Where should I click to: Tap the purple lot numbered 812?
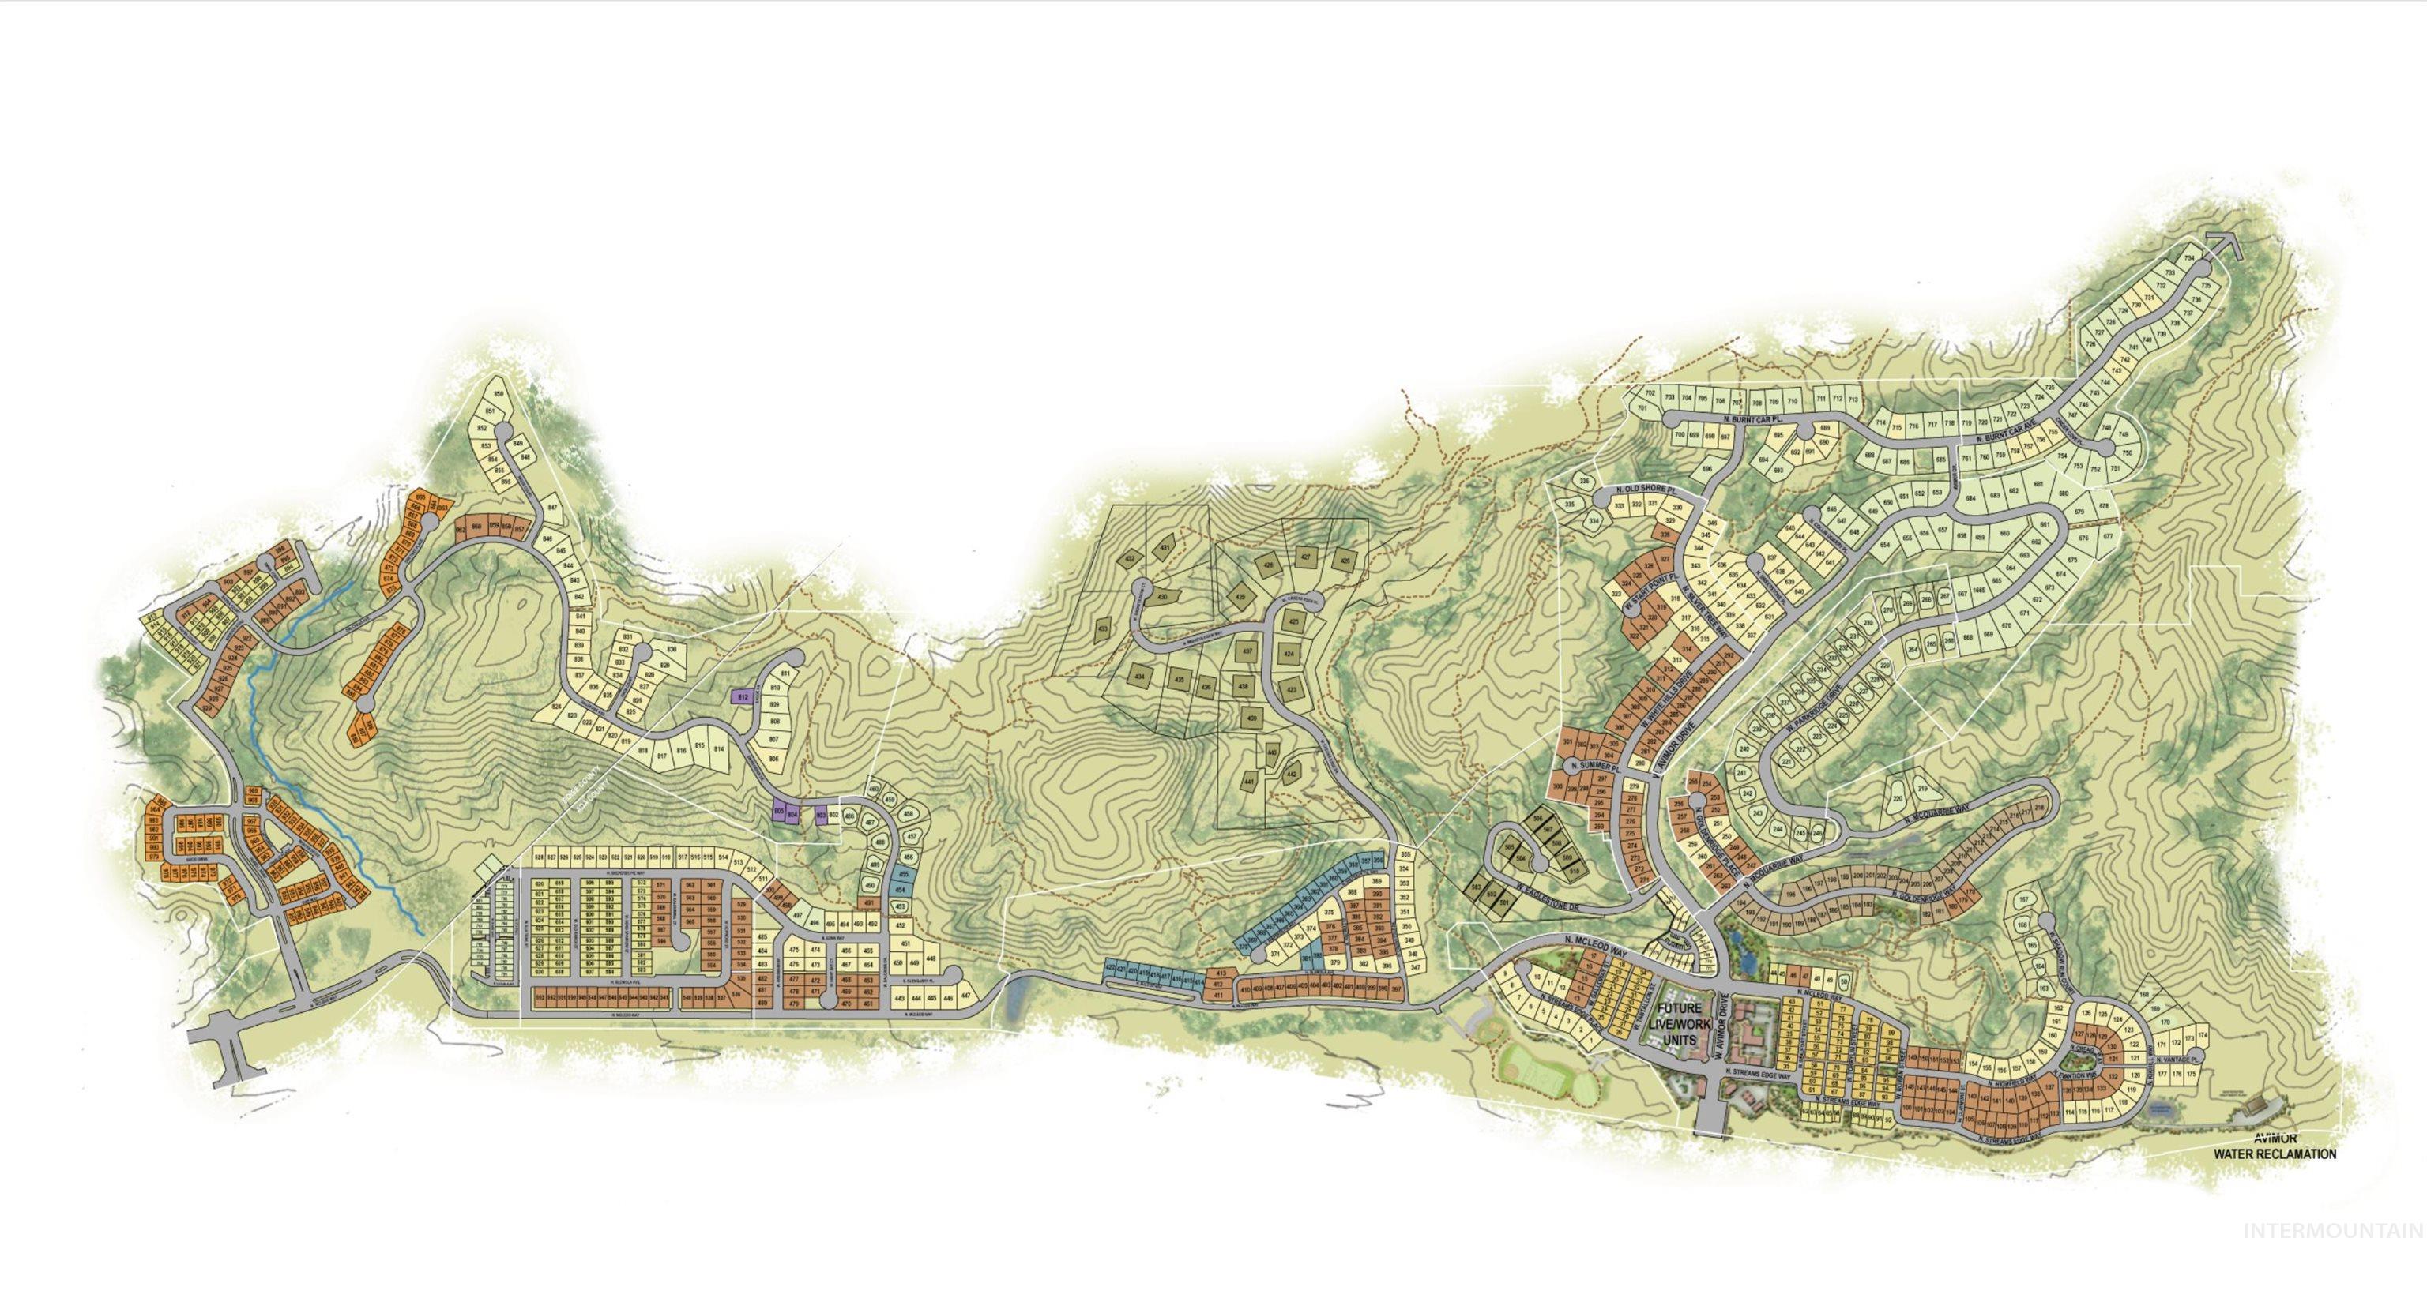(743, 697)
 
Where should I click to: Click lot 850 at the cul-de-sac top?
(499, 394)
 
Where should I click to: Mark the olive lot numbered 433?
(1103, 629)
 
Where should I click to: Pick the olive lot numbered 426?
(1345, 561)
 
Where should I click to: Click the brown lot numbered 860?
(476, 527)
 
